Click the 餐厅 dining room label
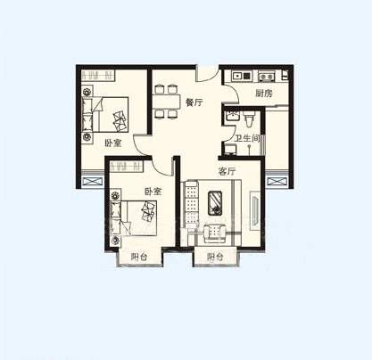pos(194,102)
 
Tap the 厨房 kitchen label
pos(264,94)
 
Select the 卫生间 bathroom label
pos(247,138)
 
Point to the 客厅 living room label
pos(227,171)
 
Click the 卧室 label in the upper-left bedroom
pos(113,143)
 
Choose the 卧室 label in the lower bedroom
pos(153,192)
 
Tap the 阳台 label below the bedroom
pos(139,257)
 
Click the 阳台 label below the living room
pos(215,257)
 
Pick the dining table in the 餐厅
pos(166,102)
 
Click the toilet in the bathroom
pos(249,119)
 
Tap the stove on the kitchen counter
pos(267,76)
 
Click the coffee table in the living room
pos(215,202)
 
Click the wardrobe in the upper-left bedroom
pos(98,76)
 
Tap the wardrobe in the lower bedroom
pos(126,167)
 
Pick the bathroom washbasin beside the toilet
pos(231,116)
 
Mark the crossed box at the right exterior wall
pos(277,181)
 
